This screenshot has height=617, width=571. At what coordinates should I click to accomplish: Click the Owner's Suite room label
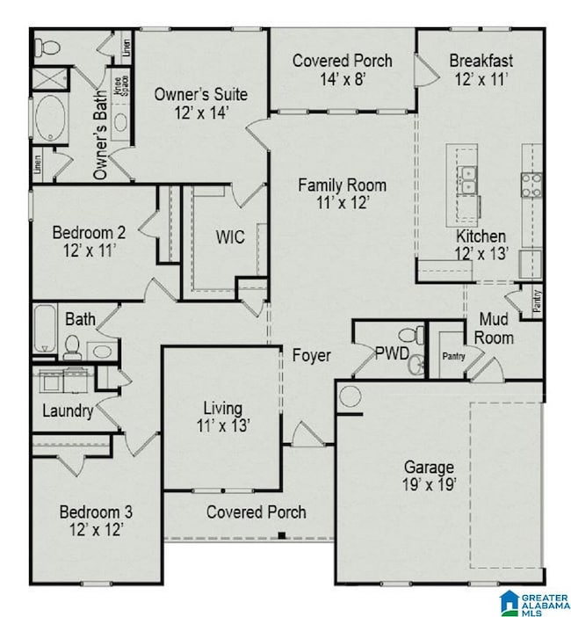[x=200, y=103]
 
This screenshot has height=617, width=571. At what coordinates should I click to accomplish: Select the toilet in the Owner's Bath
[x=51, y=47]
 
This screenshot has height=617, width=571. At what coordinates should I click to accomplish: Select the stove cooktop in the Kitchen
[x=531, y=184]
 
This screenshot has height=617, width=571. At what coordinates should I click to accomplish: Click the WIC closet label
[x=230, y=237]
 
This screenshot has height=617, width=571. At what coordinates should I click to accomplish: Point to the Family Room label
[x=342, y=194]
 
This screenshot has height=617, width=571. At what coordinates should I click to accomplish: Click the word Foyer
[x=312, y=356]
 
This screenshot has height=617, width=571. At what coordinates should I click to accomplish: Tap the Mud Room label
[x=496, y=328]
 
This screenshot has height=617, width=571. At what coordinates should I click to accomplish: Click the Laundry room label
[x=68, y=410]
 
